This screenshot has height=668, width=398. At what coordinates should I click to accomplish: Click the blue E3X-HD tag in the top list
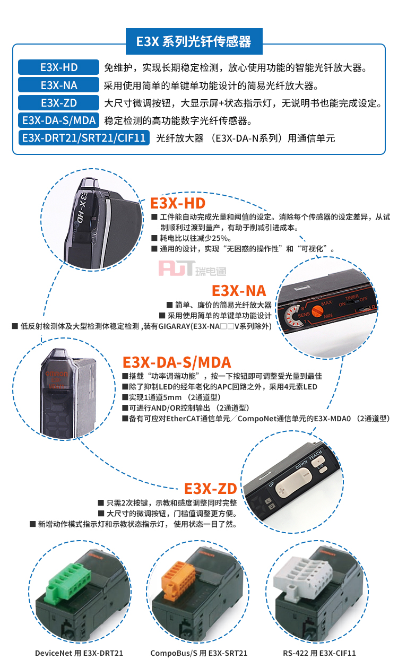(x=58, y=67)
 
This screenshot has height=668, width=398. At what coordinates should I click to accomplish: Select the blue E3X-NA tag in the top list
(x=58, y=85)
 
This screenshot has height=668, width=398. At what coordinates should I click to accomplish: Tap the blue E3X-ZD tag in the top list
(x=58, y=102)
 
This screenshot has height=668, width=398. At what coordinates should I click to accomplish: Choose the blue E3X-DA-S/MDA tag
(x=58, y=120)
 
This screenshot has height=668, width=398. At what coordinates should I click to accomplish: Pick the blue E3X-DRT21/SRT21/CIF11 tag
(x=84, y=138)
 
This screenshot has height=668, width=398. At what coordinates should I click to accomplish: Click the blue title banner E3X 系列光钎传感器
(x=194, y=41)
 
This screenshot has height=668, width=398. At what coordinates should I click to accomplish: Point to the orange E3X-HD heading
(x=178, y=203)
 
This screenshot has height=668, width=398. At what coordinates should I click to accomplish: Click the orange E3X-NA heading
(x=239, y=291)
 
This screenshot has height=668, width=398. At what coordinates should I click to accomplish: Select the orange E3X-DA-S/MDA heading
(x=177, y=362)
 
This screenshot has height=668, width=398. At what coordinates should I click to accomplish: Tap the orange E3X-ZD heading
(x=211, y=489)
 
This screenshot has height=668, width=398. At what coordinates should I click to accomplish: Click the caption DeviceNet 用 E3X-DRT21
(x=79, y=653)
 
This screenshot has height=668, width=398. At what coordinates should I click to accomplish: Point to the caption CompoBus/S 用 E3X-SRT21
(x=199, y=653)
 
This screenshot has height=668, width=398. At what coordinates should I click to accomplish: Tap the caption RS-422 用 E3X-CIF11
(x=319, y=653)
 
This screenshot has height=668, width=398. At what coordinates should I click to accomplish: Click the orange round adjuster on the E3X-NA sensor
(x=317, y=311)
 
